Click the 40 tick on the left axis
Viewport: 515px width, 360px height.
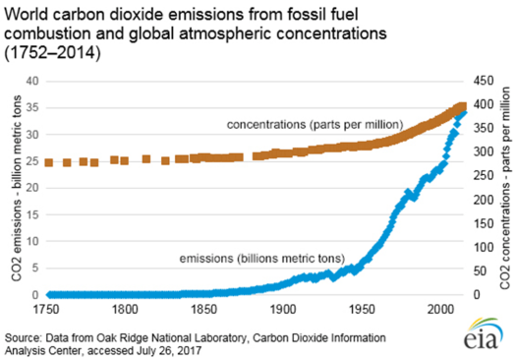pyautogui.click(x=32, y=81)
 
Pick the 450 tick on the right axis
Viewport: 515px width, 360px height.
pyautogui.click(x=474, y=81)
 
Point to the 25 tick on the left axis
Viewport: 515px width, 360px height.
pyautogui.click(x=32, y=160)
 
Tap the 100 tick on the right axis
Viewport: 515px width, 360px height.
pyautogui.click(x=474, y=246)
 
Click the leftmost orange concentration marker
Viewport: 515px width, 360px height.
pyautogui.click(x=49, y=162)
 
